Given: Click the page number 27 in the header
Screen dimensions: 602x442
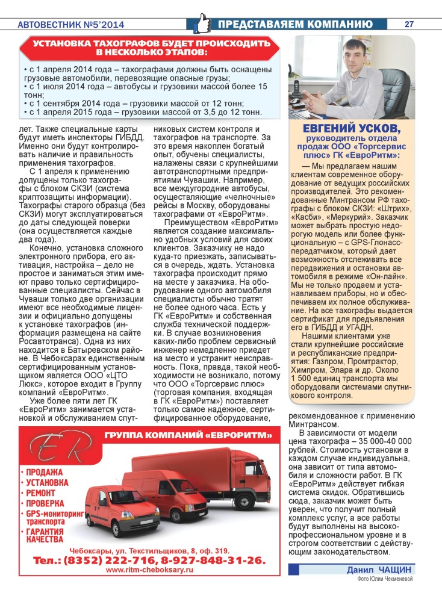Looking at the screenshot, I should [409, 24].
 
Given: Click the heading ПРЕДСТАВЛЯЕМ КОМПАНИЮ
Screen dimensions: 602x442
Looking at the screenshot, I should [294, 24].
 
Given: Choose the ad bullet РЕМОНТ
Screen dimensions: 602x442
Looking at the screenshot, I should [42, 492].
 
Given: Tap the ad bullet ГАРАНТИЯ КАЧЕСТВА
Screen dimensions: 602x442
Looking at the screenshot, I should [46, 535].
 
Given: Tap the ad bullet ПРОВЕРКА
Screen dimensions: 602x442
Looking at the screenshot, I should [45, 503].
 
